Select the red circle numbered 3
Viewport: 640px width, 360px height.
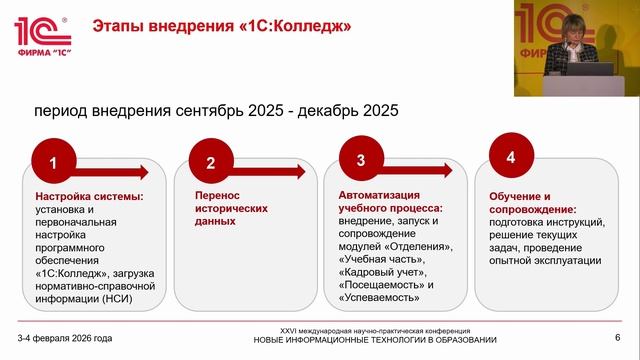361,158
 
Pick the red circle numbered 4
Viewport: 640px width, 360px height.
510,157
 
